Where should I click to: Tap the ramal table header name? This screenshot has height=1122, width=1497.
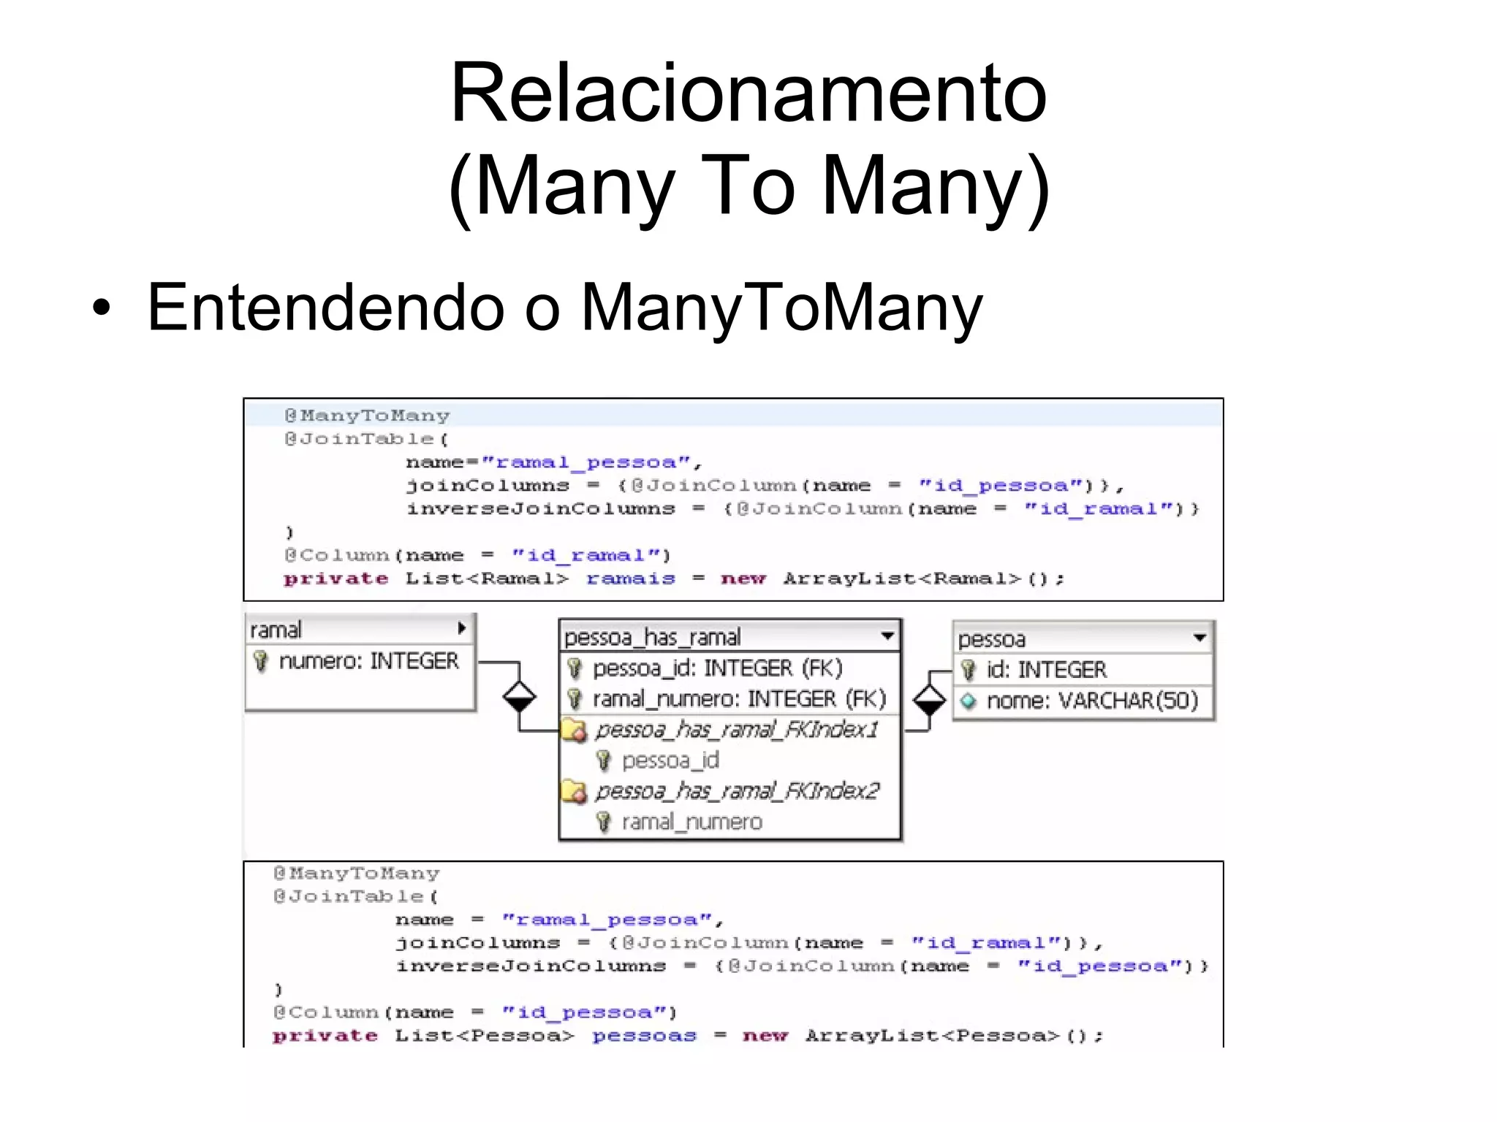pyautogui.click(x=276, y=630)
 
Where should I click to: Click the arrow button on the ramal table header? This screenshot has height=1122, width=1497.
pyautogui.click(x=461, y=628)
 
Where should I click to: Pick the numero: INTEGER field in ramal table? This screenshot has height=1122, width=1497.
pyautogui.click(x=368, y=661)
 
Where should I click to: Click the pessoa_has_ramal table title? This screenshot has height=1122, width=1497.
pyautogui.click(x=653, y=638)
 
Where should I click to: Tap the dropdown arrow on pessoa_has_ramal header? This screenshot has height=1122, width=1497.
pyautogui.click(x=887, y=636)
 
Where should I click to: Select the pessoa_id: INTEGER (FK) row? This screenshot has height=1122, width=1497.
pyautogui.click(x=717, y=668)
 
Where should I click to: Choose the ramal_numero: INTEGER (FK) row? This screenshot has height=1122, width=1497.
pyautogui.click(x=738, y=699)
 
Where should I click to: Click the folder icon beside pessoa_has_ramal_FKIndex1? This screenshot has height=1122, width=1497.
pyautogui.click(x=575, y=730)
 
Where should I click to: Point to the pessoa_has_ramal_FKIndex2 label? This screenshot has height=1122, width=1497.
pyautogui.click(x=737, y=791)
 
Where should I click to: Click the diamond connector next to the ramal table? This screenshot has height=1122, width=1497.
pyautogui.click(x=519, y=696)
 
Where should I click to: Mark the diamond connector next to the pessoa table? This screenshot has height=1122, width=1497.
pyautogui.click(x=929, y=701)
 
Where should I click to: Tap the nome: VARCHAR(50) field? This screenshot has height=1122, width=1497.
pyautogui.click(x=1092, y=701)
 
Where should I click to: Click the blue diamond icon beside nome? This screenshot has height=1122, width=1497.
pyautogui.click(x=969, y=701)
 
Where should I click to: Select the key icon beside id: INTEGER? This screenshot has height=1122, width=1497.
pyautogui.click(x=969, y=670)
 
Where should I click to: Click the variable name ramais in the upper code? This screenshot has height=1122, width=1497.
pyautogui.click(x=631, y=579)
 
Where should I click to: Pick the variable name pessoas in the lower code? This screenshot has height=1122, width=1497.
pyautogui.click(x=644, y=1036)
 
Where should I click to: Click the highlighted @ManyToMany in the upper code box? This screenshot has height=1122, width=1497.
pyautogui.click(x=367, y=416)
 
